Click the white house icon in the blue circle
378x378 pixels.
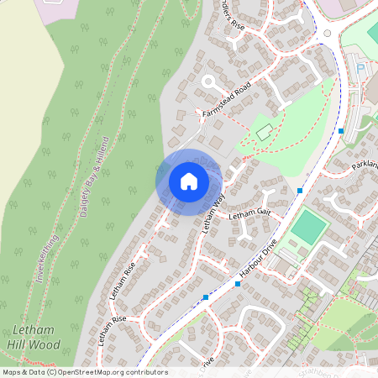tap(189, 181)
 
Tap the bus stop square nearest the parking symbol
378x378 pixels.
tap(341, 131)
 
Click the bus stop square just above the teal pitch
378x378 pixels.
tap(300, 192)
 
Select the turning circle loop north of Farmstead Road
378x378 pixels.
tap(207, 82)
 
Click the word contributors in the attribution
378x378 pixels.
tap(146, 372)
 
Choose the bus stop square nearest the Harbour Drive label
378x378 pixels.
tap(238, 284)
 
